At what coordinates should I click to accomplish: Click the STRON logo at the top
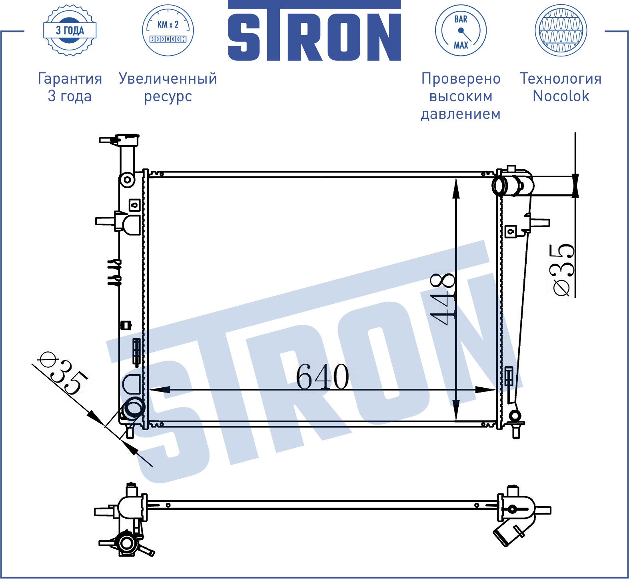tap(314, 31)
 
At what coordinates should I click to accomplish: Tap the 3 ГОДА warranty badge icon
tap(70, 30)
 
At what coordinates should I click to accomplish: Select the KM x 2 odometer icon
tap(168, 30)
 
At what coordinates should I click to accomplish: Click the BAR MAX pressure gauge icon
tap(461, 30)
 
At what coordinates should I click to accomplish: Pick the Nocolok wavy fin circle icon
tap(561, 30)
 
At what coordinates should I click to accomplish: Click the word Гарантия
tap(70, 78)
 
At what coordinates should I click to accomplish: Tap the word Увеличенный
tap(168, 78)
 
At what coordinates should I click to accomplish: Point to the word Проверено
tap(461, 78)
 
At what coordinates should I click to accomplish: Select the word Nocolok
tap(561, 96)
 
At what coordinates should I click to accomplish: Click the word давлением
tap(461, 114)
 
